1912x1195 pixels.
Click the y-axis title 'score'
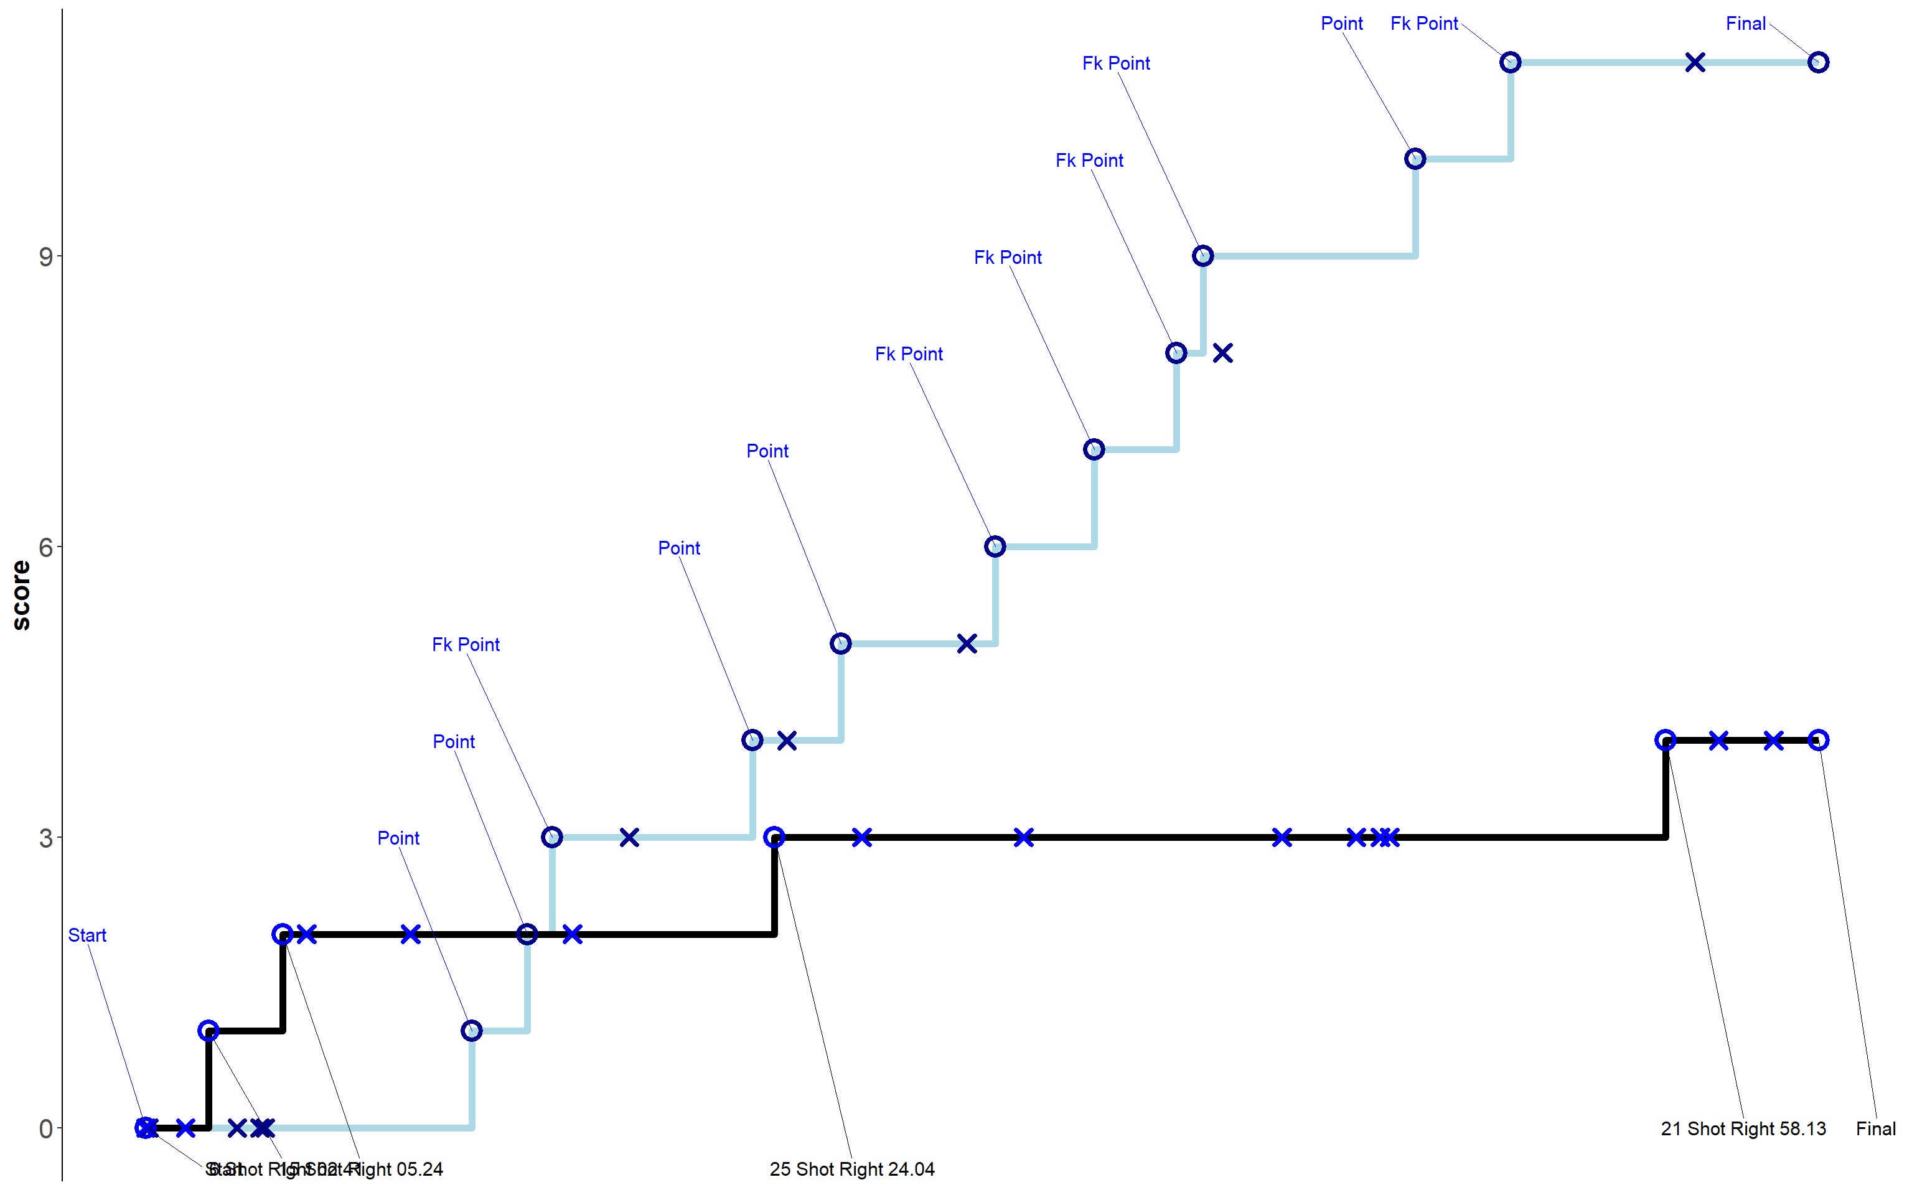coord(21,595)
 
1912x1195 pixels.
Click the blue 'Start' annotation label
coord(87,935)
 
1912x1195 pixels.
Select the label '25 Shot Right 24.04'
coord(851,1169)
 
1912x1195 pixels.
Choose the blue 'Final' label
coord(1745,24)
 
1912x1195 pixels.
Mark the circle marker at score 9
coord(1202,256)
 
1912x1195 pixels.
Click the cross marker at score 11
coord(1695,62)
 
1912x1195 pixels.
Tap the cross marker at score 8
coord(1223,354)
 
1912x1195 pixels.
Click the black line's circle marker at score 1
coord(208,1031)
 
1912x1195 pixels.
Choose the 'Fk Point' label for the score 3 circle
coord(466,645)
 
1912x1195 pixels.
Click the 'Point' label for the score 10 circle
coord(1341,24)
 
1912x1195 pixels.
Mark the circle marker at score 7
coord(1094,450)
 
